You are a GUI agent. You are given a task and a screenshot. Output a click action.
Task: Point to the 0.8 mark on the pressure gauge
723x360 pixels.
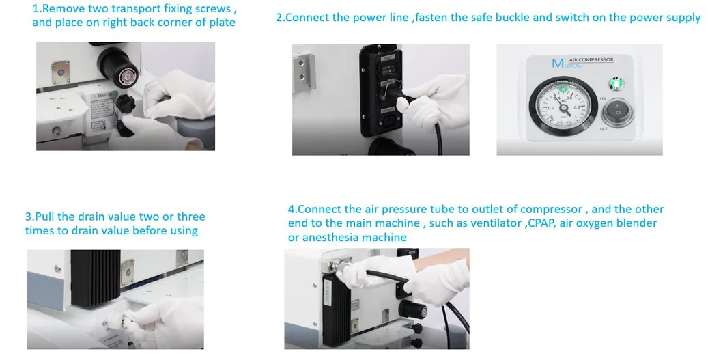point(576,107)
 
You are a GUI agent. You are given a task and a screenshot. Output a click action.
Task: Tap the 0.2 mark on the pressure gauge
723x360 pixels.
point(550,108)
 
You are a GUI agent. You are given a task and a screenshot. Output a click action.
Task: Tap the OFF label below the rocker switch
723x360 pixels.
point(616,130)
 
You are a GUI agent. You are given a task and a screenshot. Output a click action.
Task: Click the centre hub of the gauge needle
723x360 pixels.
point(563,108)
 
